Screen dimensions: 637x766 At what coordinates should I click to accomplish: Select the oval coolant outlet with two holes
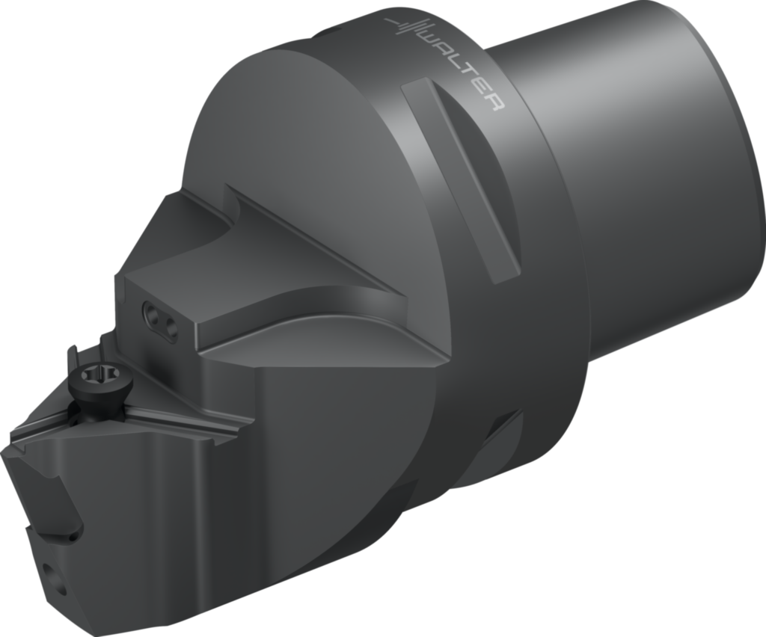pos(160,321)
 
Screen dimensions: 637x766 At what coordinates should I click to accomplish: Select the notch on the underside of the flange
pos(497,441)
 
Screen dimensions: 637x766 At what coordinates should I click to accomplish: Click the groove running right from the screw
pos(187,415)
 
